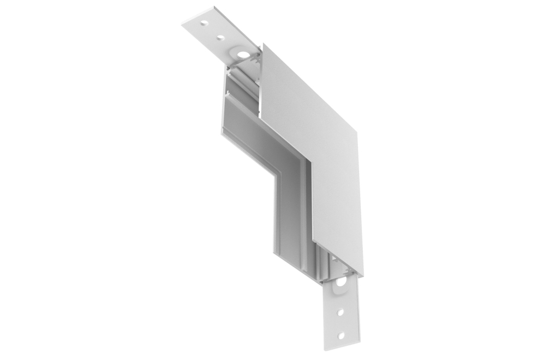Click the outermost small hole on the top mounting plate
click(204, 23)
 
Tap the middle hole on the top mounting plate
click(221, 38)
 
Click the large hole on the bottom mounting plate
click(341, 283)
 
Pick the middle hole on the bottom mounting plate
click(341, 313)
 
